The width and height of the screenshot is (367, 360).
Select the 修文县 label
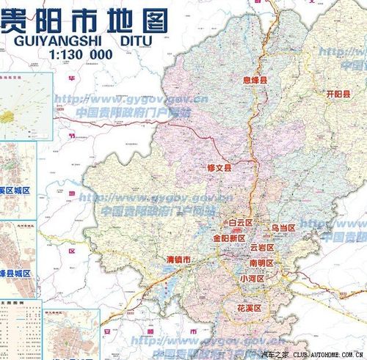219,168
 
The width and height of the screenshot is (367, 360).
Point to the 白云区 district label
240,222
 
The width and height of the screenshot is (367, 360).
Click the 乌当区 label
283,229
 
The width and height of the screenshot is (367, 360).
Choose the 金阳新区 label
228,238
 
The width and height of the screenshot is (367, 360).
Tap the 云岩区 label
261,248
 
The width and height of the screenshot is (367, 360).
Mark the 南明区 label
261,262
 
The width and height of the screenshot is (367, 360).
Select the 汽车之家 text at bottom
275,355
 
